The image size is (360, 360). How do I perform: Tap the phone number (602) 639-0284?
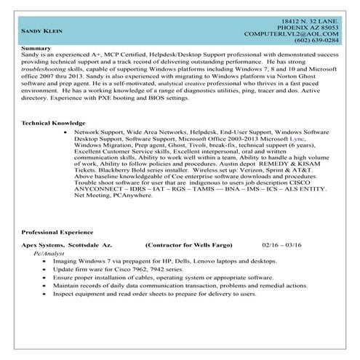(x=313, y=39)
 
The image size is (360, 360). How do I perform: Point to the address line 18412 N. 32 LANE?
(x=309, y=15)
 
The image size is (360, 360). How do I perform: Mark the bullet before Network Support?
(x=67, y=134)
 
